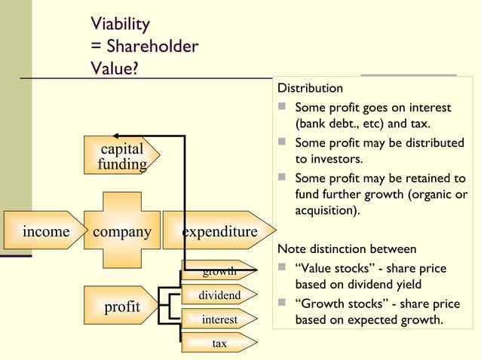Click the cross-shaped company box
(x=121, y=230)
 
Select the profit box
(x=121, y=307)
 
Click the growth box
(x=219, y=271)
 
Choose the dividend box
(x=219, y=295)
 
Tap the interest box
(x=219, y=320)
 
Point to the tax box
(x=219, y=343)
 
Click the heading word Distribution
(x=310, y=89)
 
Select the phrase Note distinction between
(x=347, y=249)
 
